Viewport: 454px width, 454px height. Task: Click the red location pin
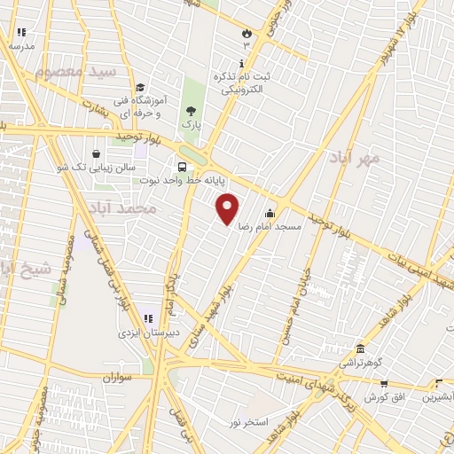tap(228, 208)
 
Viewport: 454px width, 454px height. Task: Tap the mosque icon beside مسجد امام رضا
tap(270, 214)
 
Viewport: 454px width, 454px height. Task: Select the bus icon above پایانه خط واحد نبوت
tap(182, 166)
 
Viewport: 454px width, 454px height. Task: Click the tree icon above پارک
tap(191, 111)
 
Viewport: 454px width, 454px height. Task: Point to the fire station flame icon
tap(246, 32)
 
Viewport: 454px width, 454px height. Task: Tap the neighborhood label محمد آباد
tap(122, 208)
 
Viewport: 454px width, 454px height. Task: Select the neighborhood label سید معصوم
tap(84, 71)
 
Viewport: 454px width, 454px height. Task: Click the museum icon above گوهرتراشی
tap(360, 348)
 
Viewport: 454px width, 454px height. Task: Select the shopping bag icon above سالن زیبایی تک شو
tap(96, 153)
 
